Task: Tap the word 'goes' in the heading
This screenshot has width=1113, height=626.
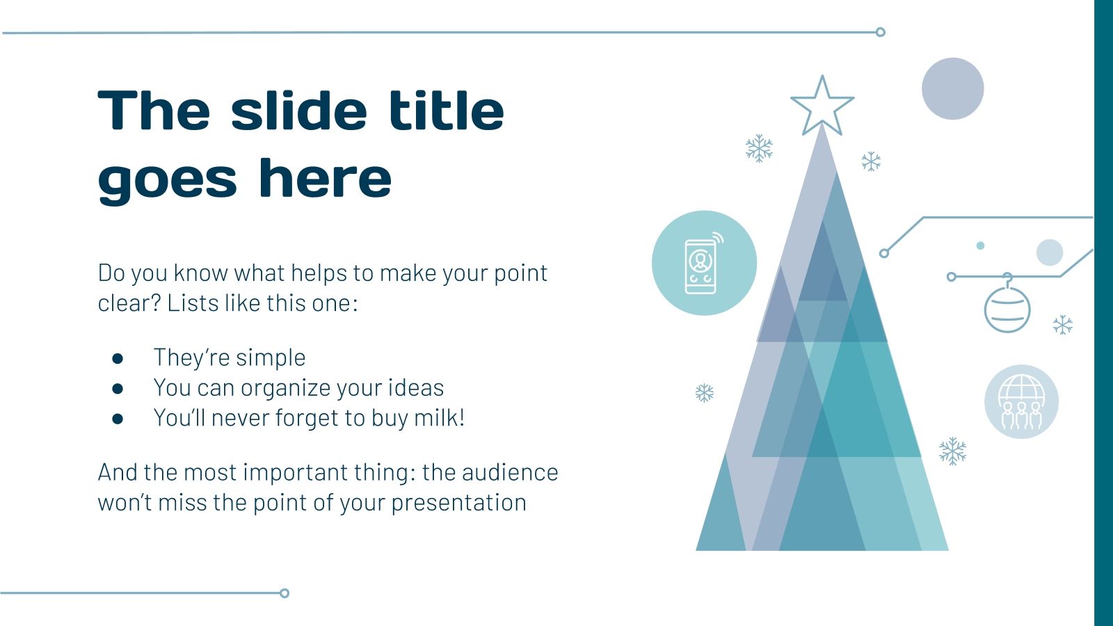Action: click(x=167, y=179)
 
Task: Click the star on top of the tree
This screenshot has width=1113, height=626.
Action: click(x=822, y=106)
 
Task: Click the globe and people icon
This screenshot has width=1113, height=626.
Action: click(x=1021, y=401)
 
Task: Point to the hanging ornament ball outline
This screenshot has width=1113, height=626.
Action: click(x=1007, y=310)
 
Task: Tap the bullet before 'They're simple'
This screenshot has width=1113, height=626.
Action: click(x=118, y=358)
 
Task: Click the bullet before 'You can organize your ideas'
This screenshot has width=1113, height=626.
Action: click(x=118, y=388)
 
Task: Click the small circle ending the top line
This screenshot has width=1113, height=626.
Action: click(x=880, y=32)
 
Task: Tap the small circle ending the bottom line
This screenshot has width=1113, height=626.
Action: click(x=284, y=593)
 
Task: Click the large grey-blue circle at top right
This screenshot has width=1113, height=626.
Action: click(x=952, y=88)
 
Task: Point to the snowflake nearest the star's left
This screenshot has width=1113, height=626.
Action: click(x=759, y=149)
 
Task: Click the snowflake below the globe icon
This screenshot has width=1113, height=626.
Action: click(x=952, y=451)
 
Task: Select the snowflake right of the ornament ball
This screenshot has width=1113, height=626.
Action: click(x=1062, y=324)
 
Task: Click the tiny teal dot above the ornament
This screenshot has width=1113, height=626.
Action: click(x=980, y=246)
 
